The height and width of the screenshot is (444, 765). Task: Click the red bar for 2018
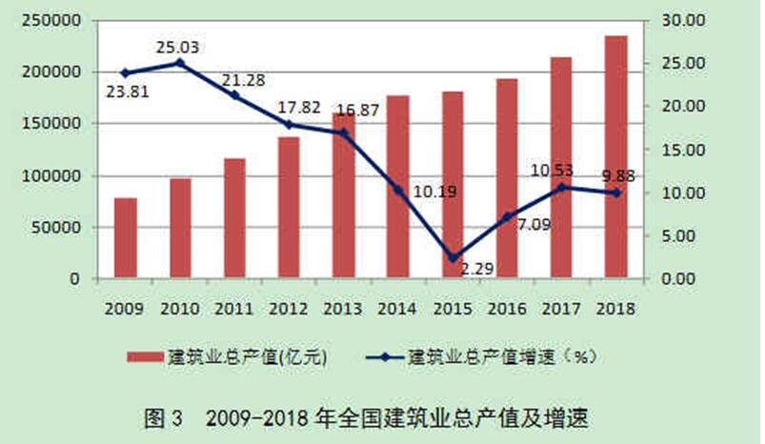pos(616,157)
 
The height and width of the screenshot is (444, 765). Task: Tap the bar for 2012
pos(289,208)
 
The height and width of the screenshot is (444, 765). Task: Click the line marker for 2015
pos(453,258)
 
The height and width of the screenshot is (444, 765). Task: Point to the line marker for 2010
pos(180,63)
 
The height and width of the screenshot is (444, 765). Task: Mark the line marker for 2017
pos(562,188)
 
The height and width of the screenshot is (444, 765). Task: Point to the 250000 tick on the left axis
pos(57,20)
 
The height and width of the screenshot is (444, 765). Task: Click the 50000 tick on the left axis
pos(61,228)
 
